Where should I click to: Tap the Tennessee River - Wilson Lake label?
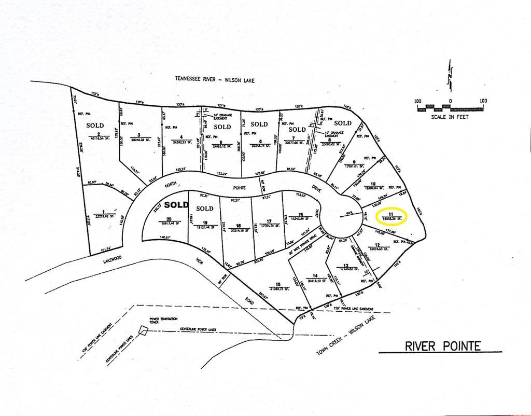click(215, 80)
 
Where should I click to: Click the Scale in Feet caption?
click(450, 117)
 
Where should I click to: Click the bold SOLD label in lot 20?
click(175, 205)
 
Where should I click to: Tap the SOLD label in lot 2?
click(95, 125)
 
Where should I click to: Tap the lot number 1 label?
click(104, 212)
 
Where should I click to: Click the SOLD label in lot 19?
click(205, 209)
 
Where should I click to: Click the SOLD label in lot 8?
click(342, 123)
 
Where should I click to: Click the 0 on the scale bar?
click(450, 101)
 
